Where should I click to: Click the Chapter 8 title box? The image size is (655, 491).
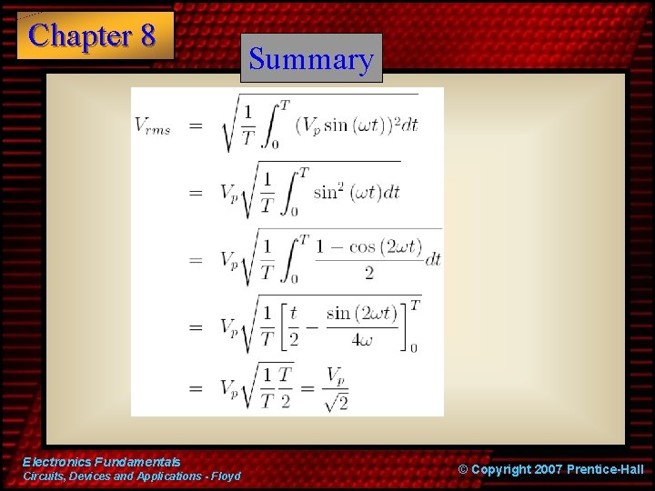[x=95, y=36]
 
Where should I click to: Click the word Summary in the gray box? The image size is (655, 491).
[x=311, y=60]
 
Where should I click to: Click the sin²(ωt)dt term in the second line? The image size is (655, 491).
[x=356, y=193]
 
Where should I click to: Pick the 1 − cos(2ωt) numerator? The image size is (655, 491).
[x=368, y=246]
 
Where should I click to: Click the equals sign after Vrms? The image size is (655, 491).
[x=196, y=125]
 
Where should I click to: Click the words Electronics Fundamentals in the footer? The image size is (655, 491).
[x=102, y=462]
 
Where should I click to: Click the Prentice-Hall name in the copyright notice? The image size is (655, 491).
[x=605, y=469]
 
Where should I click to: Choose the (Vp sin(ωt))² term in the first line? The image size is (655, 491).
[x=354, y=125]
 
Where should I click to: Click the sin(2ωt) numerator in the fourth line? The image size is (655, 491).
[x=362, y=313]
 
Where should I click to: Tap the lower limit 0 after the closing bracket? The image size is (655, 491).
[x=414, y=347]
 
